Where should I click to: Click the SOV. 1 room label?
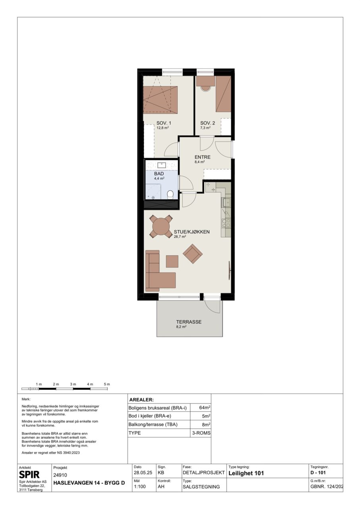point(163,123)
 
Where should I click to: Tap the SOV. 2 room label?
point(207,123)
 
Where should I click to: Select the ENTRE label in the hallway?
point(203,157)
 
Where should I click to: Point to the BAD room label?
point(159,174)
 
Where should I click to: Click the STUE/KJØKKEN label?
point(192,232)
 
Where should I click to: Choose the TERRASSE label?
point(189,322)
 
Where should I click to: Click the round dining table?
point(161,227)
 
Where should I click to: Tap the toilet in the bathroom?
point(170,194)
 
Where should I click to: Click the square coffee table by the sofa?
point(172,261)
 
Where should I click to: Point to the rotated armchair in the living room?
point(193,254)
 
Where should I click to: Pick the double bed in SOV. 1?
point(160,99)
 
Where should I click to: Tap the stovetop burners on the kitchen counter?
point(226,223)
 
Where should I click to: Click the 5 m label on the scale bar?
point(107,384)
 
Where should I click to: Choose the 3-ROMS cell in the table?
point(201,433)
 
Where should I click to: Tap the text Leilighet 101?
point(246,473)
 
